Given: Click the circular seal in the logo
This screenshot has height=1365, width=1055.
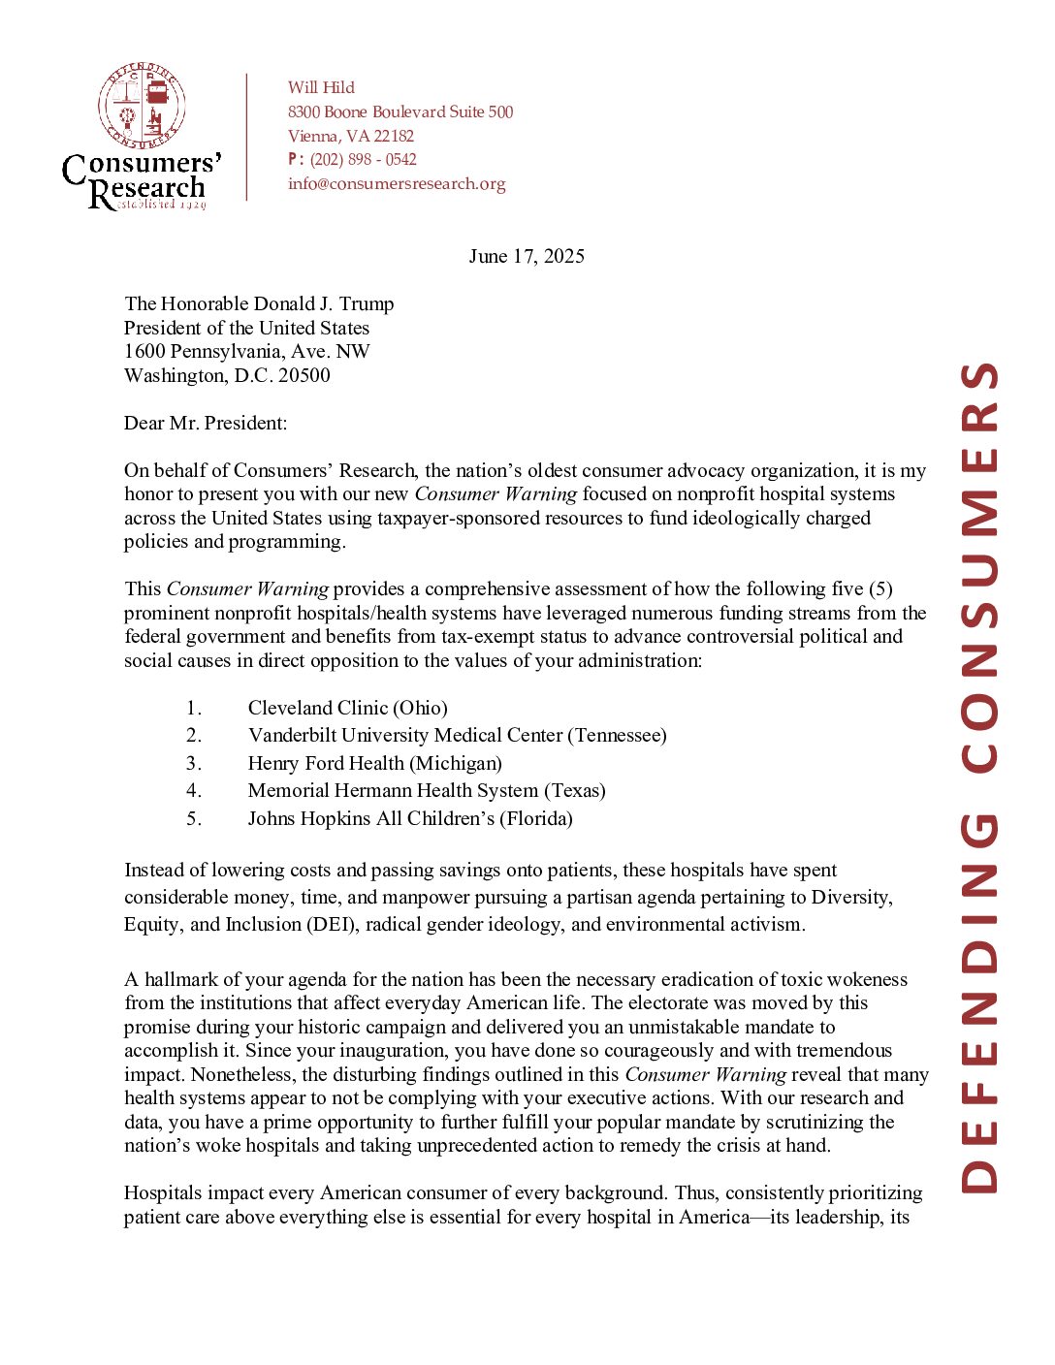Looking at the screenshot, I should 143,106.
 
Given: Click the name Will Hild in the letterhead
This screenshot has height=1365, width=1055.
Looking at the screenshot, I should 321,87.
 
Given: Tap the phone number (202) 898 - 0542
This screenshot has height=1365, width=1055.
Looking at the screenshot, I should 363,160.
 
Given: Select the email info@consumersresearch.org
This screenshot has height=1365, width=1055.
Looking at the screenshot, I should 397,183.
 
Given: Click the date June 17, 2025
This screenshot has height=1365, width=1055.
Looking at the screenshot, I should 527,256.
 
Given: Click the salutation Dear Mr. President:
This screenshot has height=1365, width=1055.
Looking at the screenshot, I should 206,423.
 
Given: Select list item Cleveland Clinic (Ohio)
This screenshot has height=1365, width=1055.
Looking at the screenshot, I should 347,708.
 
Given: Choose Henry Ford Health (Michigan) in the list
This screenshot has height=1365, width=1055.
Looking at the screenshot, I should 374,763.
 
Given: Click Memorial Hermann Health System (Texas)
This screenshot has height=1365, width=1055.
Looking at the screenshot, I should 427,790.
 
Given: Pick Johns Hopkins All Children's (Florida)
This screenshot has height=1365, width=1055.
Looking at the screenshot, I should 410,818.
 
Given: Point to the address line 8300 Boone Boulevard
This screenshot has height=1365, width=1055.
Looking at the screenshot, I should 400,111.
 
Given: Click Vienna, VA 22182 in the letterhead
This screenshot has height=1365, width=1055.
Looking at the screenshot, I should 351,136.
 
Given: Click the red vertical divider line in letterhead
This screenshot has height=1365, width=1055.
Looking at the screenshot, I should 247,137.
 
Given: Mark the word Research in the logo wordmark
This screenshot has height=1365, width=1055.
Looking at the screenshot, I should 147,189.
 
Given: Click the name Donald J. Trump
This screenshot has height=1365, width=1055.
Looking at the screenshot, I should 324,303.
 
